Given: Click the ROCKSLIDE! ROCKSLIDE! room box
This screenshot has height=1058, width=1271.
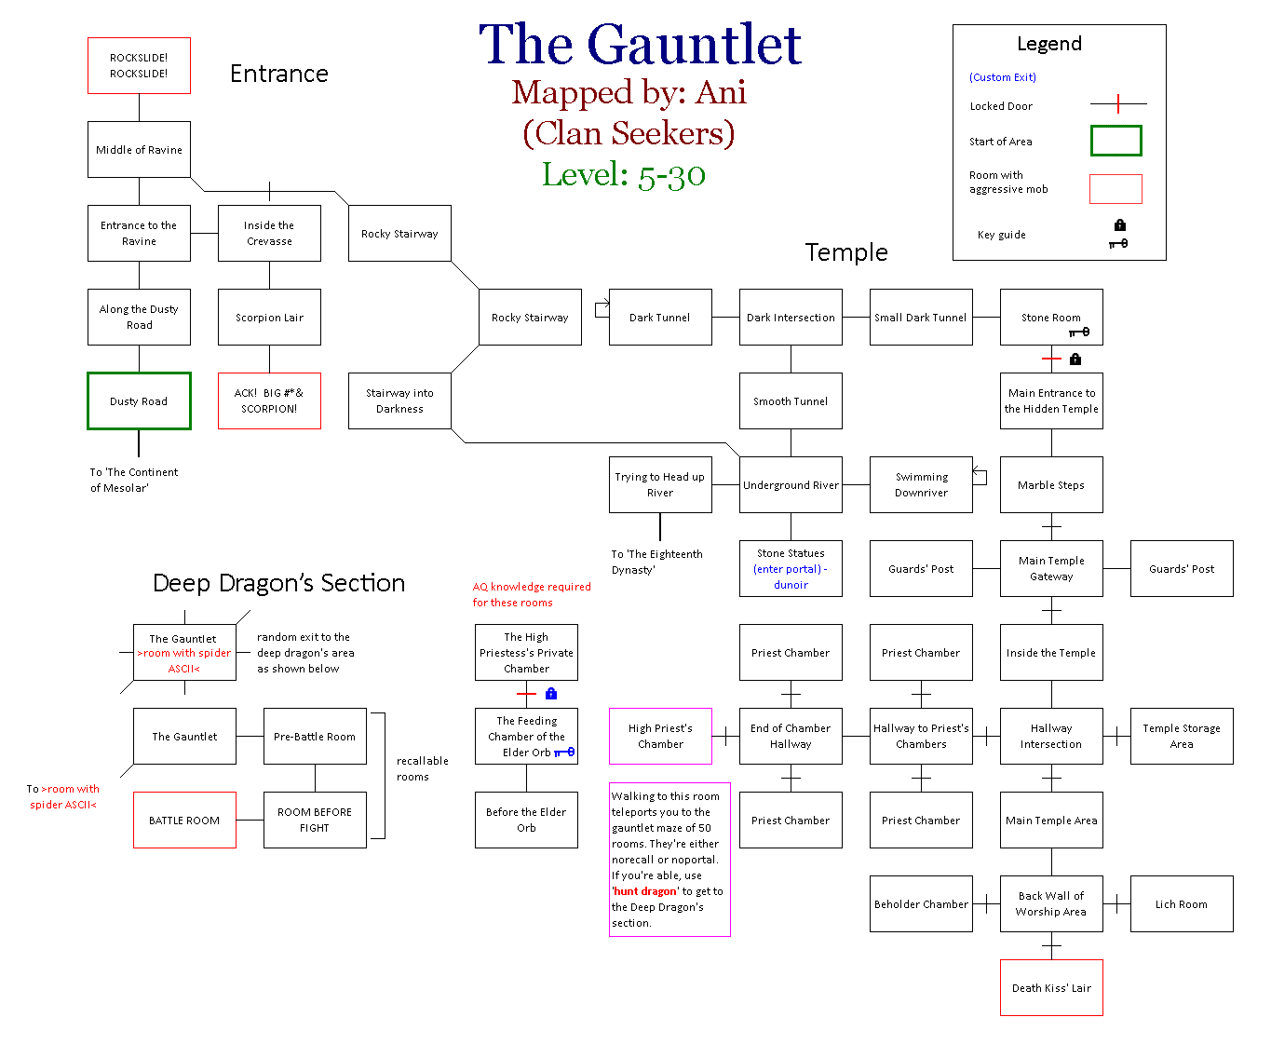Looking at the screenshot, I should (x=139, y=65).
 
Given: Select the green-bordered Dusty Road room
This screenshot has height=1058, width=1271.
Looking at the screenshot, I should (x=139, y=401).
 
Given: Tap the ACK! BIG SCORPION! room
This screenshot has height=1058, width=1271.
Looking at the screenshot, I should (x=269, y=401).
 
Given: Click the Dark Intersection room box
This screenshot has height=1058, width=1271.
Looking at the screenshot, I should (x=791, y=318).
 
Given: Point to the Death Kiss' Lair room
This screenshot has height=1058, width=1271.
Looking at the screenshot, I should (x=1051, y=988).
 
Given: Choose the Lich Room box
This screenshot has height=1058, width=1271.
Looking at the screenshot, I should (x=1182, y=904).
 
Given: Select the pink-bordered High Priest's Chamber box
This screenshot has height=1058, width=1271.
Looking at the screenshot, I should (x=660, y=736).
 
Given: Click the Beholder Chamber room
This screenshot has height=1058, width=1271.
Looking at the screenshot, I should (x=921, y=904).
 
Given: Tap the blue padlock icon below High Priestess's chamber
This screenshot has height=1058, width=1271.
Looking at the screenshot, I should (x=551, y=694).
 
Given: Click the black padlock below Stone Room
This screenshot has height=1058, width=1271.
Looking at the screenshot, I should (x=1075, y=359).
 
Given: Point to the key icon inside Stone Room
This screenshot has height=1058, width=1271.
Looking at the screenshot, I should (x=1080, y=332).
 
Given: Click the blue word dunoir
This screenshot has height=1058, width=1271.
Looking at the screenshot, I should (x=791, y=585).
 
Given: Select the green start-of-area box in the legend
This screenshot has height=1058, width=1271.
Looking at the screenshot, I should (x=1116, y=141).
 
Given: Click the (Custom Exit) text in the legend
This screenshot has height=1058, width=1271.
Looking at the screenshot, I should (x=1002, y=77).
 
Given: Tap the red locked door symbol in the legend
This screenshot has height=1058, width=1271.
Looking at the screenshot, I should (x=1118, y=104).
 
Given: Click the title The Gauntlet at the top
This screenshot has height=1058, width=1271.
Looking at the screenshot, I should (x=640, y=45).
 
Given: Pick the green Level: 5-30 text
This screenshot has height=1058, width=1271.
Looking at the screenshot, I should (x=624, y=174).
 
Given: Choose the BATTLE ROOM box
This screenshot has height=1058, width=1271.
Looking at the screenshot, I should (x=184, y=821).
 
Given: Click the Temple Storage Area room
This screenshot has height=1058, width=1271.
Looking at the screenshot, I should (x=1182, y=736).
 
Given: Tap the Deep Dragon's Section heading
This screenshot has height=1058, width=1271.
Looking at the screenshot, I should (x=278, y=583).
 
